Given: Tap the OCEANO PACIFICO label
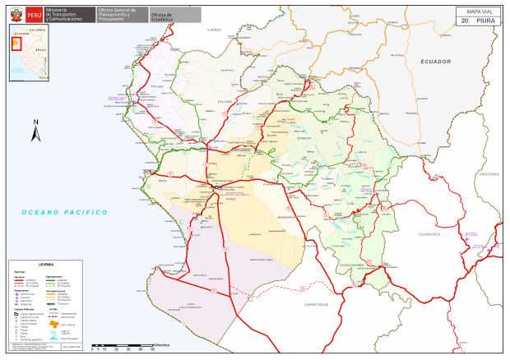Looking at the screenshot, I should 66,213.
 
